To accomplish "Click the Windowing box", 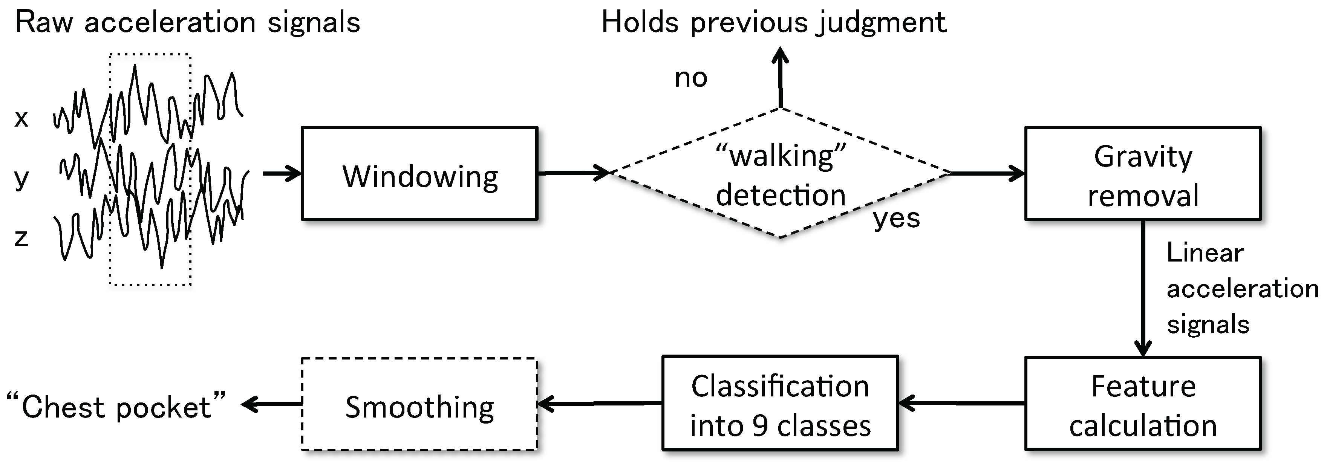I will [419, 174].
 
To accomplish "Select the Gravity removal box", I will [1143, 174].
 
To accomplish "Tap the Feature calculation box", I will [1143, 404].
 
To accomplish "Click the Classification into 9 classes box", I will [780, 404].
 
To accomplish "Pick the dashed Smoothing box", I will [419, 404].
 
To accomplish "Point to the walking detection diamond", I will [780, 174].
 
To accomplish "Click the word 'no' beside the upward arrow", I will [691, 78].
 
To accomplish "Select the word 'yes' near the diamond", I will [896, 219].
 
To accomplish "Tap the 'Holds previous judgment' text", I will [773, 23].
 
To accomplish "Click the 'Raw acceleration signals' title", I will [188, 23].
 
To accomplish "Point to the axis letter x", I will [21, 119].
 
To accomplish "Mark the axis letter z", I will [21, 237].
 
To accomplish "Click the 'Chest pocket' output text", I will [117, 407].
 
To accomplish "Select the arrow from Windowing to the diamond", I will [573, 173].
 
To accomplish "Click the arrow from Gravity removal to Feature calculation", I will [1143, 288].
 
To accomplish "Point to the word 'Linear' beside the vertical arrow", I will [1205, 253].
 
